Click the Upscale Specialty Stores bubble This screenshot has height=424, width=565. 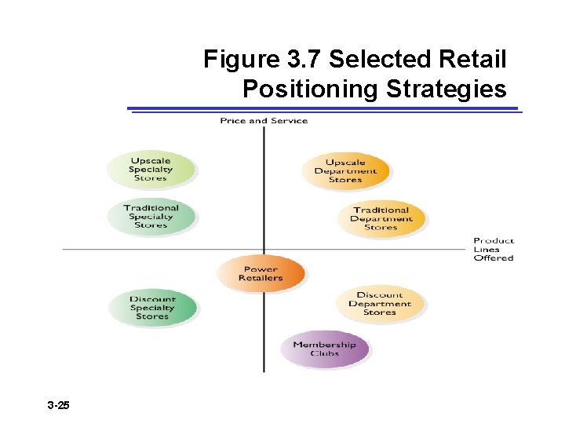(151, 170)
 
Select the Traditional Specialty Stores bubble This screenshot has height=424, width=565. (151, 217)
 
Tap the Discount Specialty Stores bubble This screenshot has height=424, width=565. (152, 308)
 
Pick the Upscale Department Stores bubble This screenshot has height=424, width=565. (345, 171)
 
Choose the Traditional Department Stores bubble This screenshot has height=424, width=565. (381, 218)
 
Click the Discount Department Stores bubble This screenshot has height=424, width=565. (380, 304)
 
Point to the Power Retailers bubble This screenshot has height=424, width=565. (261, 273)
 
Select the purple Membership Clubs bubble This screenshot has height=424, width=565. (324, 349)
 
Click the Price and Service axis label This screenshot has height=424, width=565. (264, 121)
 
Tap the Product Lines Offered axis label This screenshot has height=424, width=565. (494, 249)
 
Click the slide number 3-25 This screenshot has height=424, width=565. (58, 406)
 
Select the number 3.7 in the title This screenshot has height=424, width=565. (302, 60)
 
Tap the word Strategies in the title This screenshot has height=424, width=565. (446, 90)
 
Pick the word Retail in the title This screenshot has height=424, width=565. (474, 60)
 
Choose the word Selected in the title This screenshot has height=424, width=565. (380, 60)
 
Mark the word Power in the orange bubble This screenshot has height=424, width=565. (261, 269)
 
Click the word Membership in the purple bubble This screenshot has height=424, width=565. (324, 345)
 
